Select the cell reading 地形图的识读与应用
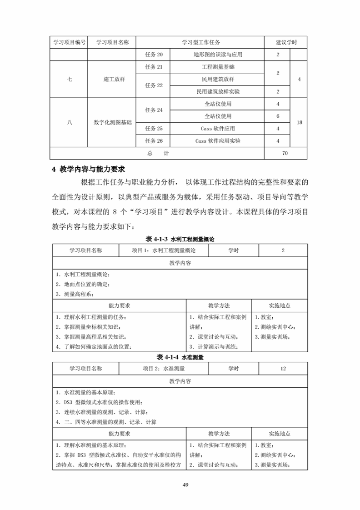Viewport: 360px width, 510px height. point(218,55)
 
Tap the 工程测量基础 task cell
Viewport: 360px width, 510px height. point(218,67)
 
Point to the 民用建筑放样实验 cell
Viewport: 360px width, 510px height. point(218,91)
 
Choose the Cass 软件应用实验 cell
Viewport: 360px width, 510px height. point(218,141)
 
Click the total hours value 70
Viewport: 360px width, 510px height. point(285,154)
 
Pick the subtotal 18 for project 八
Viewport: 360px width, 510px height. point(299,123)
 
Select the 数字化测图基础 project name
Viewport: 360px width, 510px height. point(112,123)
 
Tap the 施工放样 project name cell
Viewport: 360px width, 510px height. point(112,79)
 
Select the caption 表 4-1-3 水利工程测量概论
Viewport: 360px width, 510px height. point(180,239)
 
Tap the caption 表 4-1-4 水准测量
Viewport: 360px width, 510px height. point(180,357)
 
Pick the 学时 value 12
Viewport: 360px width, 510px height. point(283,369)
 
